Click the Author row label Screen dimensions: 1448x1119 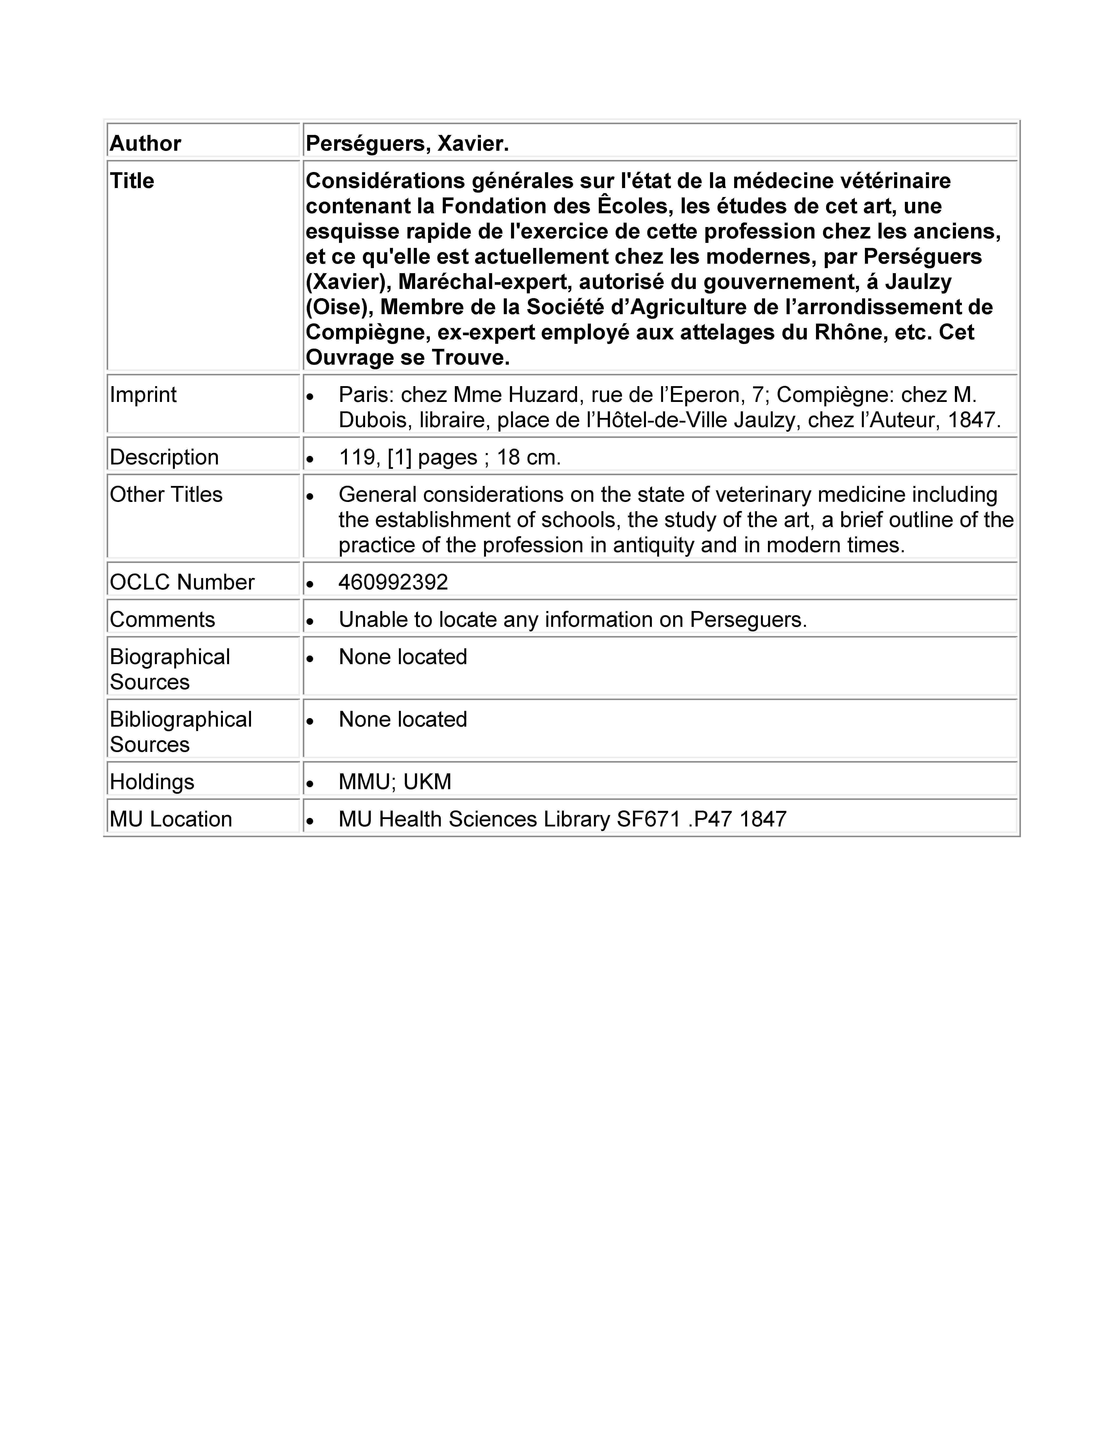(x=145, y=143)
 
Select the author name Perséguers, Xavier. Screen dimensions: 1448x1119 (x=407, y=143)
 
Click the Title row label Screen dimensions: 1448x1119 (x=132, y=180)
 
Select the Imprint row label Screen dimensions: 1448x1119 (x=143, y=394)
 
